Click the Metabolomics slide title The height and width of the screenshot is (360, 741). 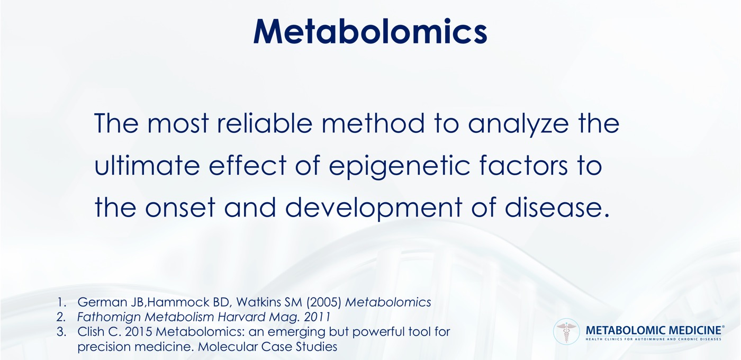pos(370,31)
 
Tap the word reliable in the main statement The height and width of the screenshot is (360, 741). pos(265,123)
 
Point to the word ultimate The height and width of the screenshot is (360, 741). pos(147,165)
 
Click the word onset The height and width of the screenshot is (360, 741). pos(180,208)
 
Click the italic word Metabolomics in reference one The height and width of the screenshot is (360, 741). pos(388,302)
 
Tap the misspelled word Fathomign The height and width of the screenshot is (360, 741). pos(109,317)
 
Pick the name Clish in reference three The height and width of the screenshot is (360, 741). pos(91,331)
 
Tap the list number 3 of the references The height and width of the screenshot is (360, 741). pos(61,331)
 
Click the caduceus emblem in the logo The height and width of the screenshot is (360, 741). pos(566,331)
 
